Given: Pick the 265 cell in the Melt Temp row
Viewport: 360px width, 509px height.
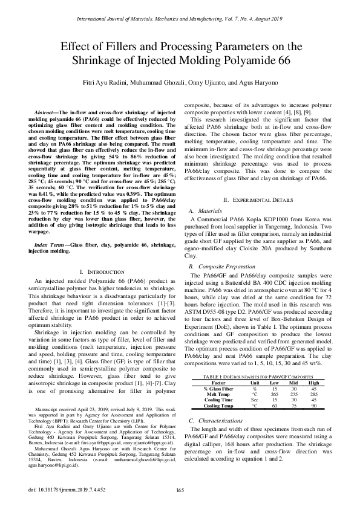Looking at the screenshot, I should tap(273, 393).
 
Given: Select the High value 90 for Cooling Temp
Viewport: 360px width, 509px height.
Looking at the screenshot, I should tap(313, 405).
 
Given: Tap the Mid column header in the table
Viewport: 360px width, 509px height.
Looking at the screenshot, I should tap(294, 382).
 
